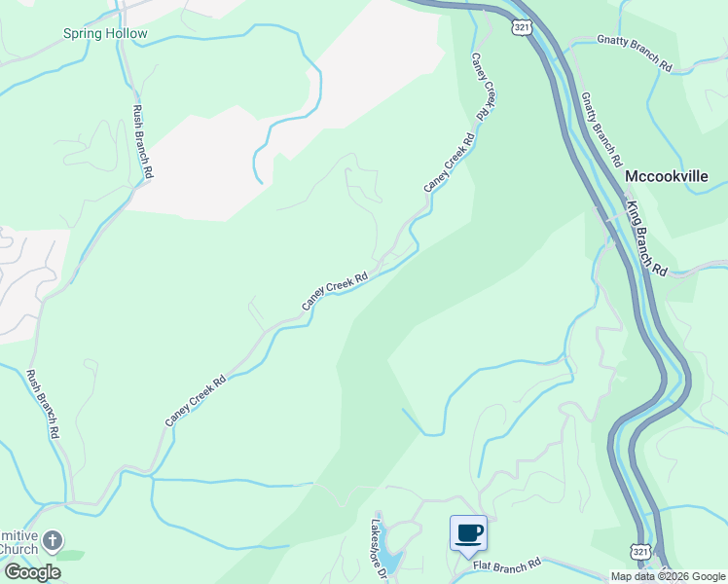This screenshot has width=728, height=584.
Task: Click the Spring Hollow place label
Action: pos(105,34)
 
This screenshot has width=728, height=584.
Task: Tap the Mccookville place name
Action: pos(666,177)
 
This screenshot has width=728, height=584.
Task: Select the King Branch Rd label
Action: pos(646,238)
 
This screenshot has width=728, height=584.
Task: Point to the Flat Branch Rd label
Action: pos(506,566)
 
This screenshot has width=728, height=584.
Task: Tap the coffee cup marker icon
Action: pos(468,532)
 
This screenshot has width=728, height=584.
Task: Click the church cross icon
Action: pos(54,540)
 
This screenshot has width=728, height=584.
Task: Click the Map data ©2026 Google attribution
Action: pos(668,576)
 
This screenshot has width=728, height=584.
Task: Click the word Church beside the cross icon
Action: pos(19,549)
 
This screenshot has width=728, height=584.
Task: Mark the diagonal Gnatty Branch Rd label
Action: pos(599,128)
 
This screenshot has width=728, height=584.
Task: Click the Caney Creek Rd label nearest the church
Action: pos(195,400)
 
